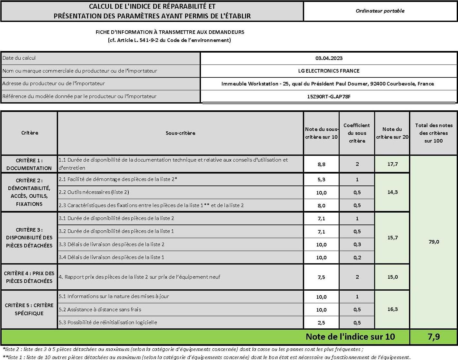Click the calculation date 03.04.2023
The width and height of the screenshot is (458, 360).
[x=329, y=58]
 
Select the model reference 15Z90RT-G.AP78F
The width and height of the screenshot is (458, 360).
[x=329, y=96]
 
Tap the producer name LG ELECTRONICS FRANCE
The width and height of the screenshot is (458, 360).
[x=329, y=71]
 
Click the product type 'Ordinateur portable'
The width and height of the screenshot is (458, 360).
[x=380, y=11]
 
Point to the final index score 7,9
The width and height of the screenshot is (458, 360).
[x=433, y=337]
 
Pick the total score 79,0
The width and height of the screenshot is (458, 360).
[x=433, y=242]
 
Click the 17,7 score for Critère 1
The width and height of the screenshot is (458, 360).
[x=392, y=164]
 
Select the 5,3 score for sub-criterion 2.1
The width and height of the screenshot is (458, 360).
[x=321, y=180]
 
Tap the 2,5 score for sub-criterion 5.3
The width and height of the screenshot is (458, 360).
[x=321, y=323]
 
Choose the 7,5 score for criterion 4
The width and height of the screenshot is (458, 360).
[x=321, y=277]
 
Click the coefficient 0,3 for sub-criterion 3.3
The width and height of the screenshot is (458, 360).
[x=357, y=245]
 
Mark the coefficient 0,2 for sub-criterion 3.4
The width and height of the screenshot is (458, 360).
[x=357, y=257]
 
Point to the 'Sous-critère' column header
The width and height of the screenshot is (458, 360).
[x=180, y=133]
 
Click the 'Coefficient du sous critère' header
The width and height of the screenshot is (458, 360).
[x=357, y=133]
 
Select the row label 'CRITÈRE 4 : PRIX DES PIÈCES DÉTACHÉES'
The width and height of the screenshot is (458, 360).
[x=29, y=277]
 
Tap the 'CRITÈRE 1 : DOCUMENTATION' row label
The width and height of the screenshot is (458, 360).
[x=29, y=164]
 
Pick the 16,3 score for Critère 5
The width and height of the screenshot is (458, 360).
[x=392, y=309]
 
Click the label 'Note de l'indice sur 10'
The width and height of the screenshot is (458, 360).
[x=350, y=337]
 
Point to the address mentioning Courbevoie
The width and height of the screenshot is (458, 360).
[x=327, y=84]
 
